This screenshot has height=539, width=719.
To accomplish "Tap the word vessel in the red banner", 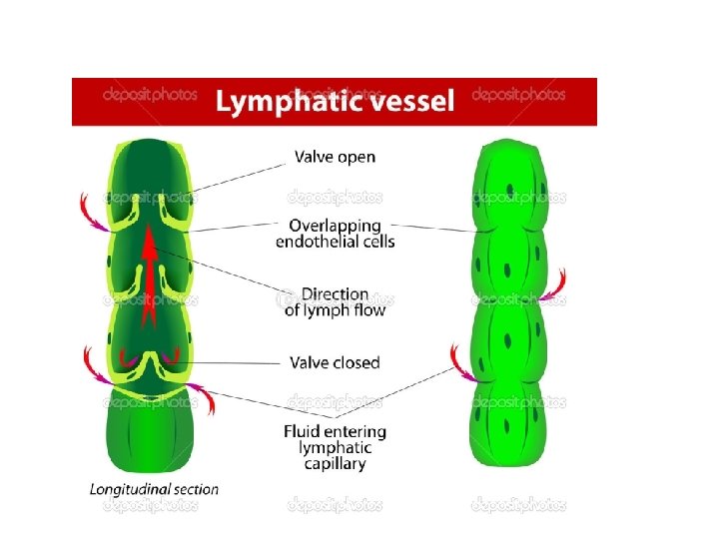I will coord(408,100).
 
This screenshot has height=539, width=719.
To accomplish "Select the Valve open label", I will coord(335,157).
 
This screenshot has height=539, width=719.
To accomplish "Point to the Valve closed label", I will coord(335,362).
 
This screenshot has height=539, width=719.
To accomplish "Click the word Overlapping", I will coord(336,225).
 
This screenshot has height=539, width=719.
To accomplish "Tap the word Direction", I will coord(335,294).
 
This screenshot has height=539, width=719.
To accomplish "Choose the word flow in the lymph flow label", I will coord(365,310).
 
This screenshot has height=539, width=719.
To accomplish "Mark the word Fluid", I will coord(303,432).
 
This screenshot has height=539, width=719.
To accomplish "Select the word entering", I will coord(355,432).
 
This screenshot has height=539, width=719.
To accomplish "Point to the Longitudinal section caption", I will coord(154,489).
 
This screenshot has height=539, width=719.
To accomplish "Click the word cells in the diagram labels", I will coord(375,242).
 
